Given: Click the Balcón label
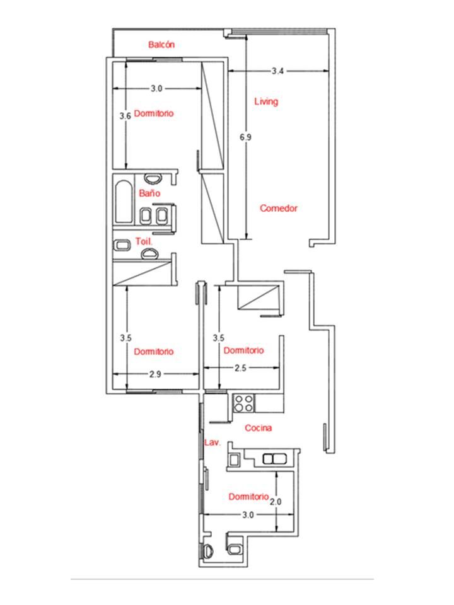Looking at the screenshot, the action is pyautogui.click(x=161, y=45).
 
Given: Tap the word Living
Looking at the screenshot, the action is pyautogui.click(x=266, y=101).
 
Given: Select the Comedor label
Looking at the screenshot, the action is pyautogui.click(x=278, y=209).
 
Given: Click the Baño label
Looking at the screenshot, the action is pyautogui.click(x=150, y=193).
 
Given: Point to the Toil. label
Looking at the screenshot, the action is pyautogui.click(x=144, y=241).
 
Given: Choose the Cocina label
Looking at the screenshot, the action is pyautogui.click(x=259, y=428).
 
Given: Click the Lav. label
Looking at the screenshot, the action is pyautogui.click(x=212, y=442).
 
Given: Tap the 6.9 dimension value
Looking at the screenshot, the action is pyautogui.click(x=245, y=137).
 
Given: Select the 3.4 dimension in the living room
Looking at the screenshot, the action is pyautogui.click(x=277, y=71).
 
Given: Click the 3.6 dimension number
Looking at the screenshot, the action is pyautogui.click(x=125, y=116).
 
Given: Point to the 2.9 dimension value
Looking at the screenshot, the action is pyautogui.click(x=155, y=374).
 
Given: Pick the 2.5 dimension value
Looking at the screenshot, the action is pyautogui.click(x=240, y=368).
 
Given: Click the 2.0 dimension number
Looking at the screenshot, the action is pyautogui.click(x=276, y=502).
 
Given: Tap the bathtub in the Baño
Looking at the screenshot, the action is pyautogui.click(x=124, y=202).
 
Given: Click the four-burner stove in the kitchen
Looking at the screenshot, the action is pyautogui.click(x=244, y=403).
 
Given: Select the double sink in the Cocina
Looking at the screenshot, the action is pyautogui.click(x=274, y=459).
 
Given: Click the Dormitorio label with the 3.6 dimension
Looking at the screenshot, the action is pyautogui.click(x=154, y=113).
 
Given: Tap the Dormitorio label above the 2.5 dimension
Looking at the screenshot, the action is pyautogui.click(x=243, y=350).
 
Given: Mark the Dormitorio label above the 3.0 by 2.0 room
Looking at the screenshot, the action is pyautogui.click(x=248, y=497).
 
